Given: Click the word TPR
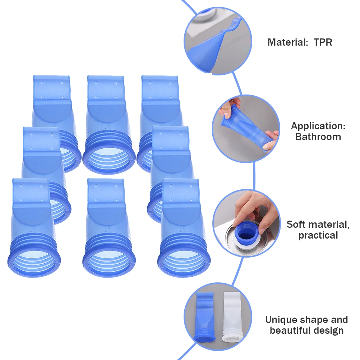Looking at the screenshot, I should pyautogui.click(x=323, y=42).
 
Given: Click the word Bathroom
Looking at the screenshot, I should pyautogui.click(x=318, y=137).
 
